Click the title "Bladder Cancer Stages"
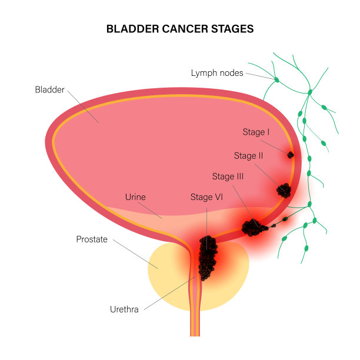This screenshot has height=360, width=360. [x=179, y=29]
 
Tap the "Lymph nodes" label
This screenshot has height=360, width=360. [x=216, y=73]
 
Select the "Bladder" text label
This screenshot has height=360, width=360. [x=49, y=90]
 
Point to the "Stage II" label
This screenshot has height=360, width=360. [x=248, y=156]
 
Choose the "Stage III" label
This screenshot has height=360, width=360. [x=228, y=176]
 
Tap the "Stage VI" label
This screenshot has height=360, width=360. [x=206, y=196]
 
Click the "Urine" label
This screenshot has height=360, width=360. [x=135, y=197]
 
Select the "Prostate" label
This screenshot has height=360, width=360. [x=92, y=239]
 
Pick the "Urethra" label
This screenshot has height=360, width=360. [x=124, y=309]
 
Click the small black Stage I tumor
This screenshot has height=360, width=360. [x=290, y=155]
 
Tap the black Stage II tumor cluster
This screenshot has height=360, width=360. [x=284, y=190]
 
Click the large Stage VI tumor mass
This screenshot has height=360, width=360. [x=206, y=258]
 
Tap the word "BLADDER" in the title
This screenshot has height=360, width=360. [x=129, y=29]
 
